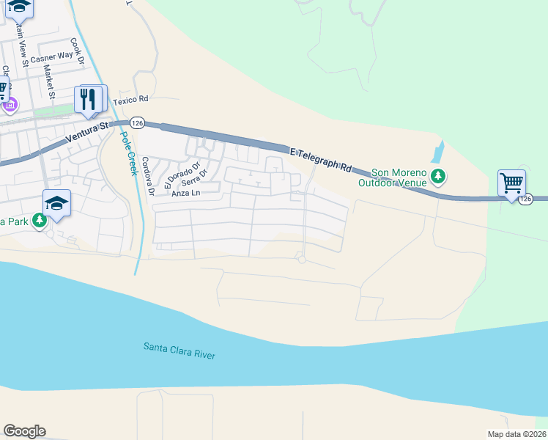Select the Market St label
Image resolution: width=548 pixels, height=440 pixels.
click(50, 81)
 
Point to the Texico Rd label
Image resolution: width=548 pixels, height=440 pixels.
click(131, 98)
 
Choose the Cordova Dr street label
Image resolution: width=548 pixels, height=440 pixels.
click(147, 177)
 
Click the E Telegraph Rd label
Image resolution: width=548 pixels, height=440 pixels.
click(321, 159)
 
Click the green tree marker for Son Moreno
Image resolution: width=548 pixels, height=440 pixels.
click(438, 176)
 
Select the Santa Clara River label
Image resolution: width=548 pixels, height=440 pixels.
click(179, 350)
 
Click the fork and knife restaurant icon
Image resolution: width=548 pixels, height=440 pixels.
click(90, 99)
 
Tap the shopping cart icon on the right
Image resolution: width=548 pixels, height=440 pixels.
click(511, 183)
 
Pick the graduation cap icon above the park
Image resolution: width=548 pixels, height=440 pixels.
click(57, 203)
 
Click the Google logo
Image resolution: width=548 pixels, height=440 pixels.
click(24, 431)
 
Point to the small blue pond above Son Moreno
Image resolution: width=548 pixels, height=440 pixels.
click(438, 153)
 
